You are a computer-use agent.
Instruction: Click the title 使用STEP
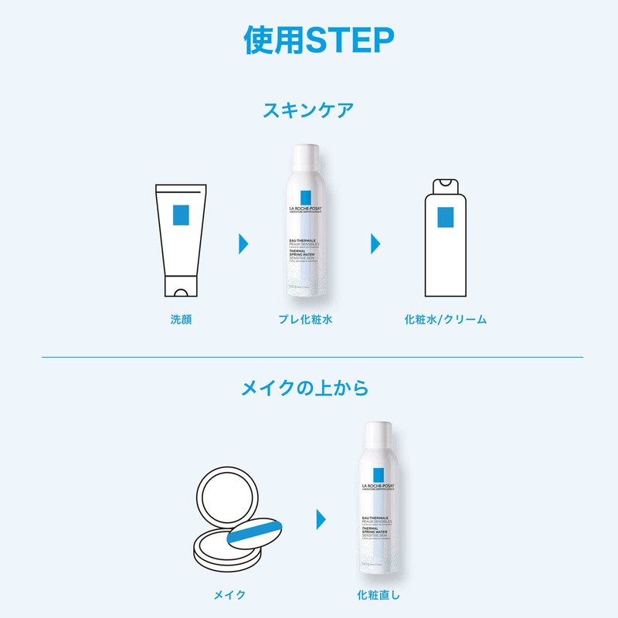click(x=308, y=39)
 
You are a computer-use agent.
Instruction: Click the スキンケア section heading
click(x=308, y=109)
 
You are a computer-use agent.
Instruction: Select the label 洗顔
click(x=181, y=318)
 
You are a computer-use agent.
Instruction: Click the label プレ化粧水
click(x=311, y=318)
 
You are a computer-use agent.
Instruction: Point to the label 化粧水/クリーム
click(x=446, y=318)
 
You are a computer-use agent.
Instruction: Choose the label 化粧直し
click(x=379, y=595)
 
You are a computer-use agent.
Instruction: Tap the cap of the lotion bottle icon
click(x=446, y=185)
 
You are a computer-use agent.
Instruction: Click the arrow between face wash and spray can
click(x=244, y=243)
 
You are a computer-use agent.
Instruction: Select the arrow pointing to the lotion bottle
click(x=376, y=243)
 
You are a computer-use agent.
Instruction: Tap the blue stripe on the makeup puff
click(x=256, y=531)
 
